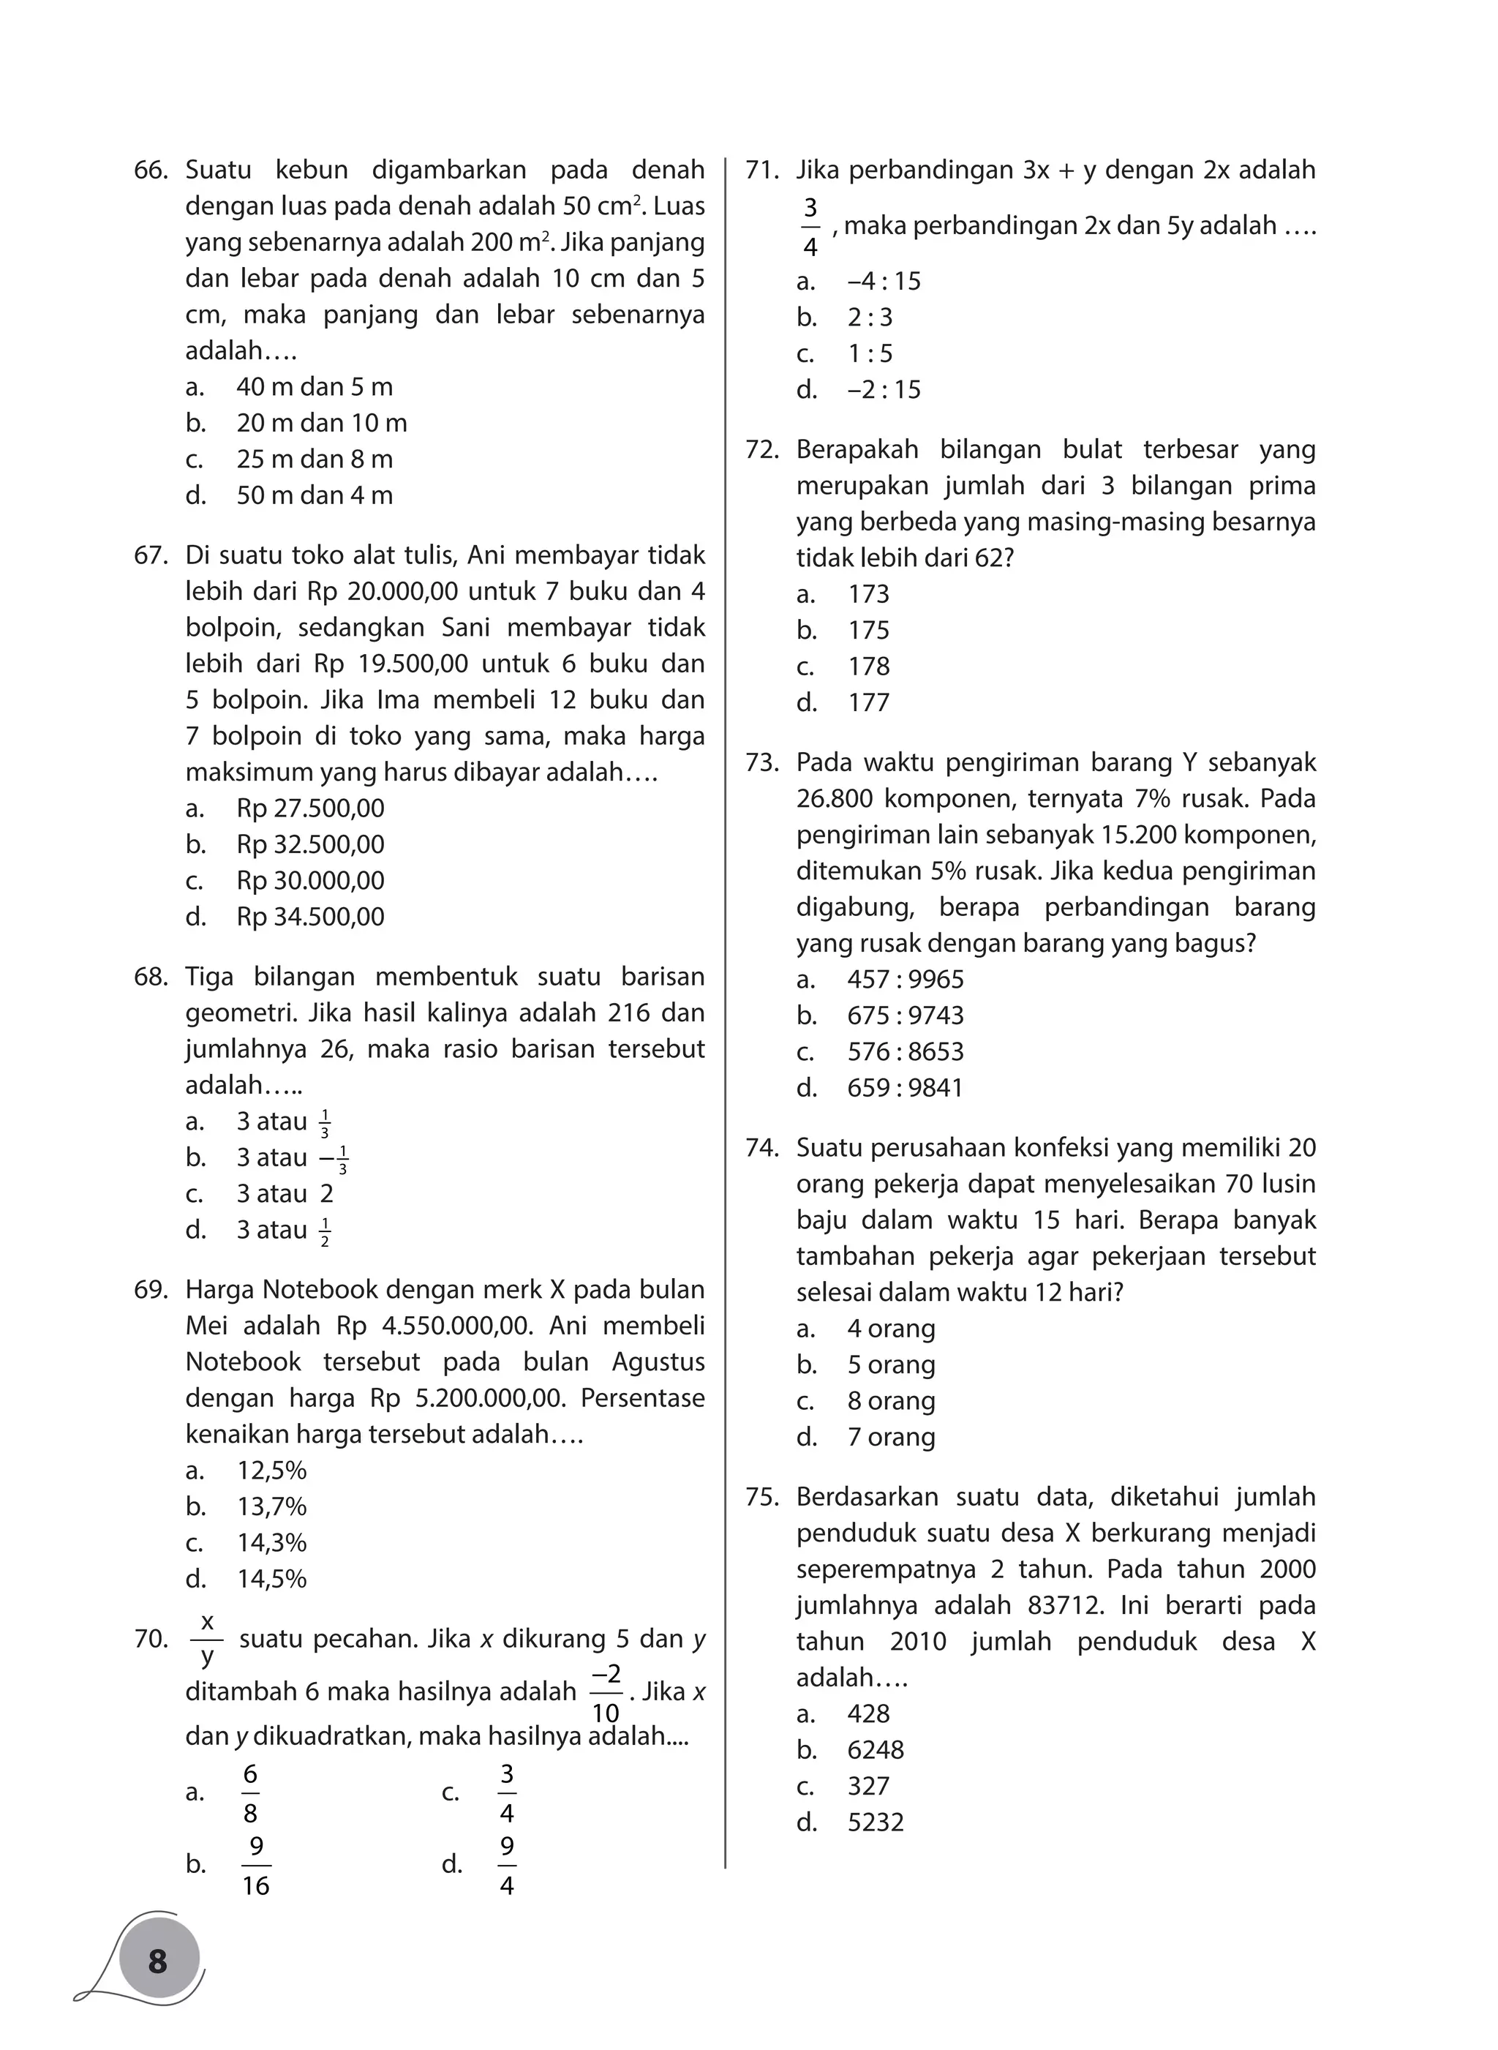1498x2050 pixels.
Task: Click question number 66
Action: (151, 170)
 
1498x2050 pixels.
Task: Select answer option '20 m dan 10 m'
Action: (321, 423)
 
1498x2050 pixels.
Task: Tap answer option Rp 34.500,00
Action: (310, 916)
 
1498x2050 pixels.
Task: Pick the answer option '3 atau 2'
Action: (285, 1194)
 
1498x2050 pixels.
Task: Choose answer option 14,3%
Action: (271, 1543)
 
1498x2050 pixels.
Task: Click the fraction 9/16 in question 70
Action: (256, 1866)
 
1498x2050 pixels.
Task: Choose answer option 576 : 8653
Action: (905, 1051)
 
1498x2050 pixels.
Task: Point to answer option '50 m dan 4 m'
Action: (314, 495)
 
